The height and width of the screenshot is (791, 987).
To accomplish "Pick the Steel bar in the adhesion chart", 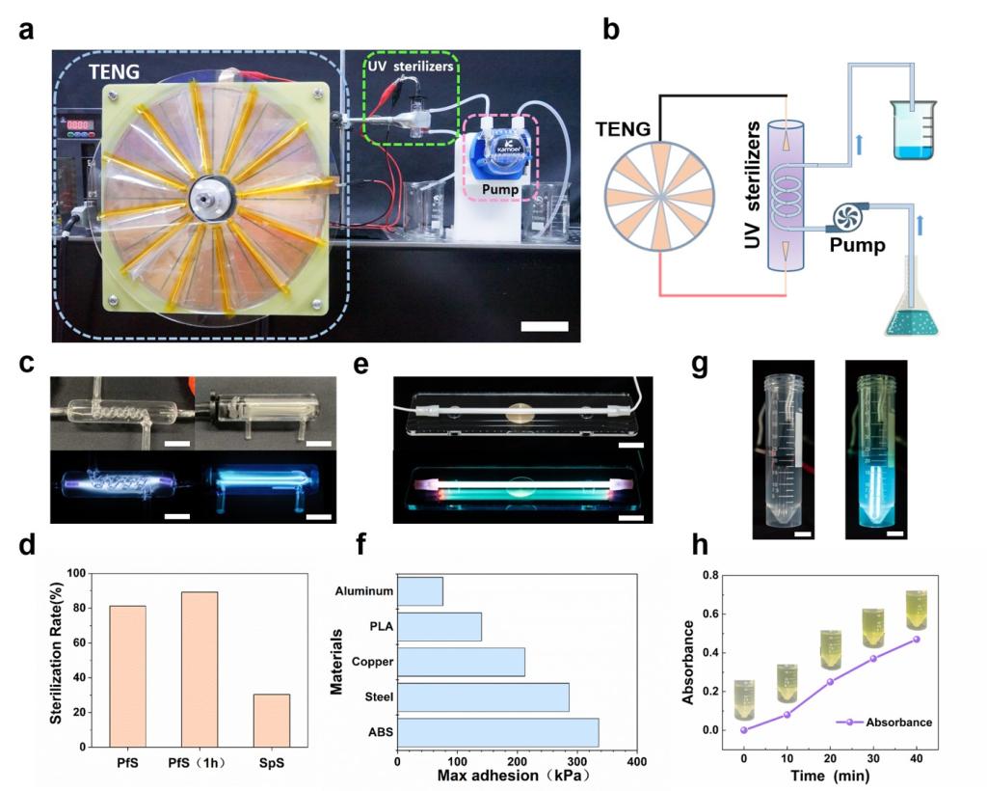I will pyautogui.click(x=483, y=697).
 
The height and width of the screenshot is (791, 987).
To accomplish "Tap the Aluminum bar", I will pyautogui.click(x=420, y=591).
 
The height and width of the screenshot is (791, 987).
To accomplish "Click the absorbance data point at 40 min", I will pyautogui.click(x=916, y=639).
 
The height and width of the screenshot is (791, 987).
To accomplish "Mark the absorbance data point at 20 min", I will pyautogui.click(x=830, y=682).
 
